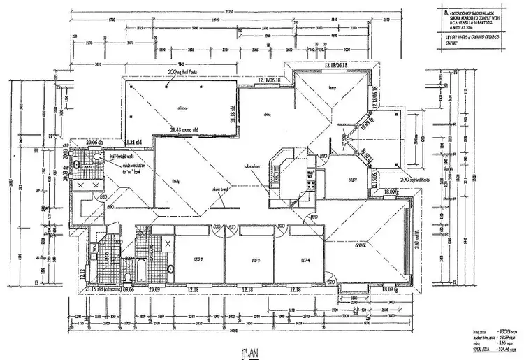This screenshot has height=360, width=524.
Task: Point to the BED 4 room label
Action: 304,260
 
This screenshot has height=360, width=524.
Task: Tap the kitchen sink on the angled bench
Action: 279,166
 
